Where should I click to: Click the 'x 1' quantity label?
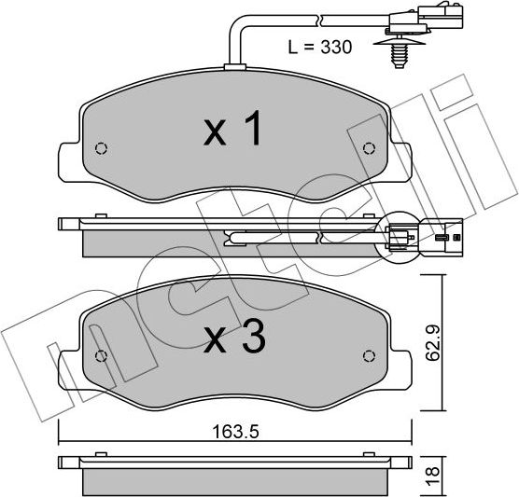[x=233, y=131]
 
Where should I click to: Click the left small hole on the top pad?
[x=103, y=148]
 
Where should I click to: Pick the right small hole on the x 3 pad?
[x=368, y=356]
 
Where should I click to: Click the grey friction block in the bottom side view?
[x=233, y=481]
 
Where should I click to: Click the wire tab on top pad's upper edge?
[x=233, y=65]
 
